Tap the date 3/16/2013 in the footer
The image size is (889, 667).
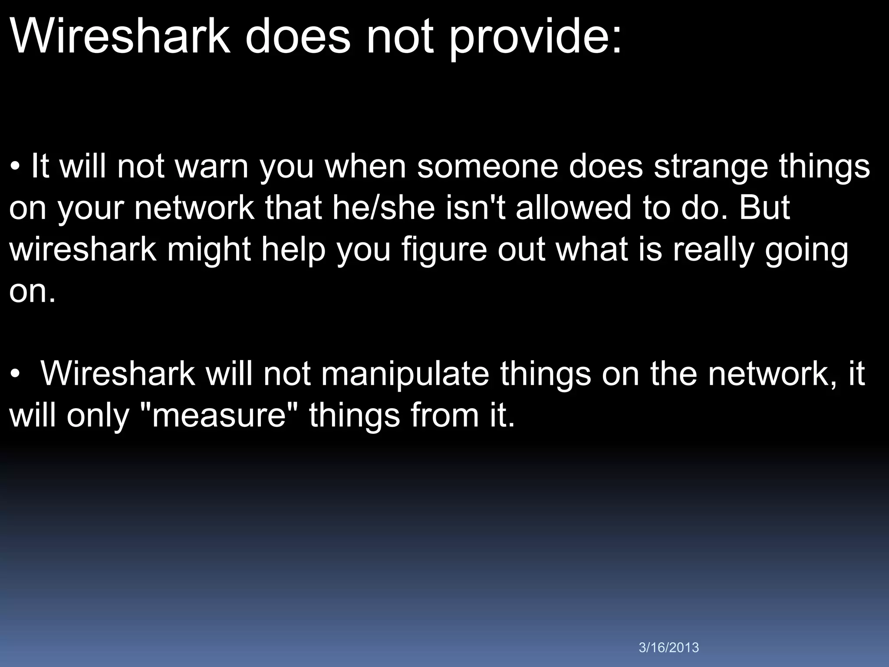click(x=669, y=647)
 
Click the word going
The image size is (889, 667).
click(x=806, y=251)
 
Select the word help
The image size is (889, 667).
click(x=293, y=250)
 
